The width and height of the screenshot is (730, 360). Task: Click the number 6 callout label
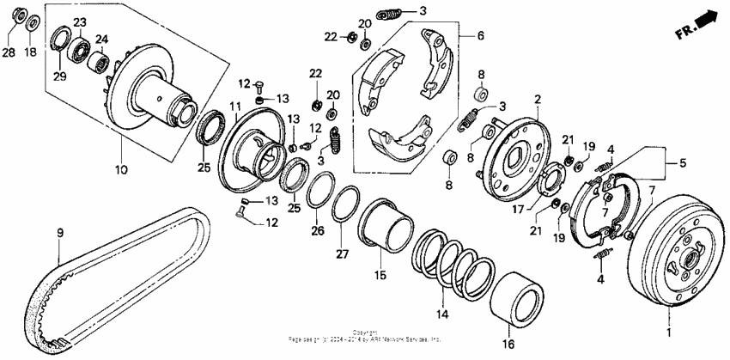tap(480, 36)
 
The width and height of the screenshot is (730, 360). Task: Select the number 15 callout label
tap(380, 275)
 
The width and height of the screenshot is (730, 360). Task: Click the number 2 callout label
tap(538, 101)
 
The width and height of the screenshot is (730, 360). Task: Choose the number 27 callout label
tap(341, 254)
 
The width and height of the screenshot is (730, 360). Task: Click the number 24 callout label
tap(101, 39)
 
